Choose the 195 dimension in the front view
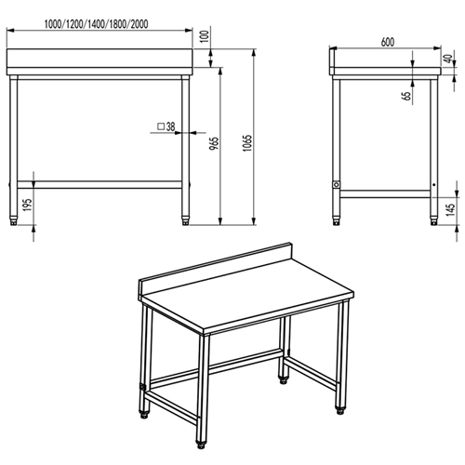28,203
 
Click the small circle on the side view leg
337,184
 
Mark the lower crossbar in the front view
99,183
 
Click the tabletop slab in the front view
99,65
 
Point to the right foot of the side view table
432,221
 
